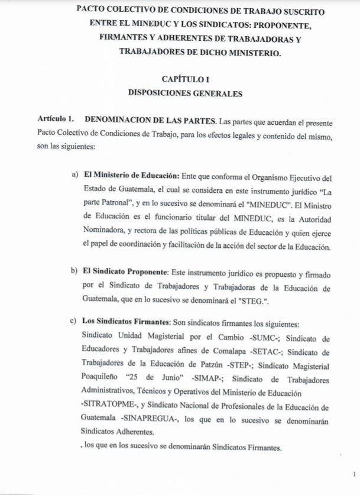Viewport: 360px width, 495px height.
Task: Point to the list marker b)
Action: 74,271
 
